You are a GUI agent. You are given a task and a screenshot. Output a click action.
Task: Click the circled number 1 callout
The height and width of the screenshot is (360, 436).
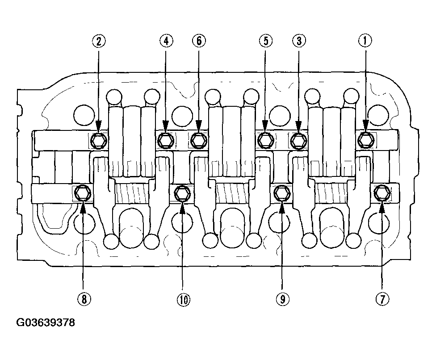coord(365,41)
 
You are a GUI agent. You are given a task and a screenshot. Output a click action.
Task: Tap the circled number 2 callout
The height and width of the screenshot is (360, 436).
coord(99,41)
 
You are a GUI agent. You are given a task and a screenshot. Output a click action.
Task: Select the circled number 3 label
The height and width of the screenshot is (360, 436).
coord(299,41)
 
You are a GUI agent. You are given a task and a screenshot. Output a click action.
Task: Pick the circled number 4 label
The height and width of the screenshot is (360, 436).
coord(166,41)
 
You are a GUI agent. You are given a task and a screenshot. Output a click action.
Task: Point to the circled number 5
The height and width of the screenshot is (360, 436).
coord(266,41)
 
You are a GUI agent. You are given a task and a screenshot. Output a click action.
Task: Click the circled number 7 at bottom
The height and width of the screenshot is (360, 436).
coord(382,299)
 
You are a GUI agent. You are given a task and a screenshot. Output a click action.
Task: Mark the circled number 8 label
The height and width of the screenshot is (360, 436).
coord(84,299)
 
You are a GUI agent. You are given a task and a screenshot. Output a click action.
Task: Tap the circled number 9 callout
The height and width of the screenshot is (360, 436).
coord(282,299)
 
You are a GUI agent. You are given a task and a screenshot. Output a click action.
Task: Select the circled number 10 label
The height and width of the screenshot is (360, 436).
coord(183,299)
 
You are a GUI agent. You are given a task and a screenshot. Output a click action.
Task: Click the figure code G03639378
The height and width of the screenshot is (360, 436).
coord(46,322)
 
